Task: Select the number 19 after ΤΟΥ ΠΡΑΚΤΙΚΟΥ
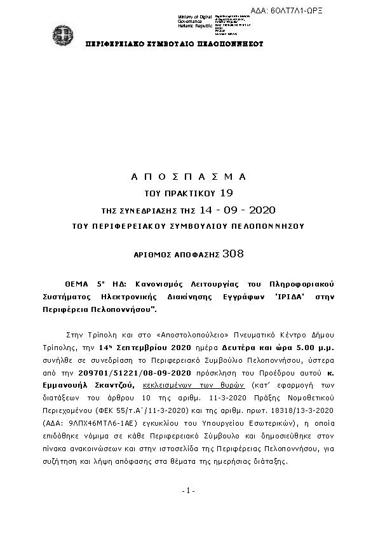point(226,193)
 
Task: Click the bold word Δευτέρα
point(229,346)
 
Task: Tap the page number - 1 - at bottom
point(188,491)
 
